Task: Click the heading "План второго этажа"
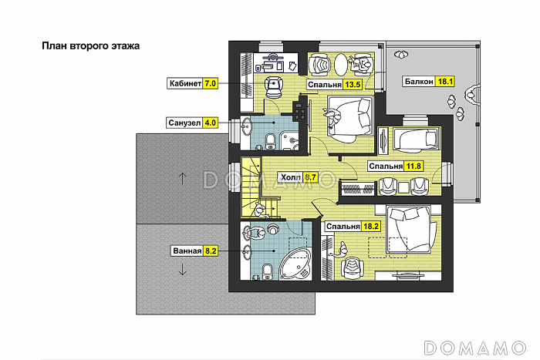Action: [90, 46]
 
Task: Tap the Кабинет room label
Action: [185, 83]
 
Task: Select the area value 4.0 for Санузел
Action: [210, 123]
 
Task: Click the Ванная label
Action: [187, 251]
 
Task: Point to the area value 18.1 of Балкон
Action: [445, 82]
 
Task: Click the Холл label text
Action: [291, 177]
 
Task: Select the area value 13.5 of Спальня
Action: [353, 85]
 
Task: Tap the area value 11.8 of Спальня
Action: [413, 167]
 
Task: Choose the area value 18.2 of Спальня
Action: [371, 227]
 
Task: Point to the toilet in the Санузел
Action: [271, 142]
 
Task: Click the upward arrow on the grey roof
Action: [182, 178]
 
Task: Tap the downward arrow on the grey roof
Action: [182, 269]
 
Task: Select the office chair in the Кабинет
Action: [274, 87]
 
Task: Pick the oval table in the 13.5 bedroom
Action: [341, 65]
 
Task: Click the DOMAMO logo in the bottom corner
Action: [475, 348]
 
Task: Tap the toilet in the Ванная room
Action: [268, 272]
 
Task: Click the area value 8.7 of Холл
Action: [311, 177]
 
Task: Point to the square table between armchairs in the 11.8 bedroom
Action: [403, 187]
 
